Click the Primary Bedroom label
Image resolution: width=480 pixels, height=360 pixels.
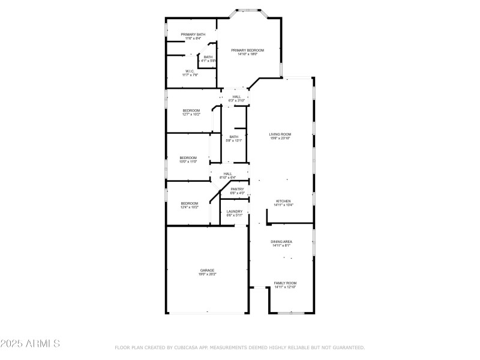tap(248, 50)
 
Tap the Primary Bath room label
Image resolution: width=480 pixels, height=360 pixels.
tap(193, 35)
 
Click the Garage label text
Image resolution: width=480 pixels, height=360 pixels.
tap(207, 270)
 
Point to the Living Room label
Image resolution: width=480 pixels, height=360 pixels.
tap(280, 134)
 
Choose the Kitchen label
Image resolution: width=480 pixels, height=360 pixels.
tap(283, 201)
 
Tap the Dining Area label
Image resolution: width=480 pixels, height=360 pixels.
tap(281, 241)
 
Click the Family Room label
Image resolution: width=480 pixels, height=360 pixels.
tap(285, 283)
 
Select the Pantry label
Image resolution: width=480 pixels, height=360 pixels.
tap(237, 189)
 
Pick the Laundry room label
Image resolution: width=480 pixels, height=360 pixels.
tap(235, 211)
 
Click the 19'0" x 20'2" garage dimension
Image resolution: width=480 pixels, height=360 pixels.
tap(207, 274)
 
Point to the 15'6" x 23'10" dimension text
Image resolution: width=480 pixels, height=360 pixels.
tap(280, 139)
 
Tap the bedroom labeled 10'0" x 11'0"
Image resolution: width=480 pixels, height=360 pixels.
tap(188, 158)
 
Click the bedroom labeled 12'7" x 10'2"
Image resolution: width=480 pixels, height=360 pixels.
tap(191, 110)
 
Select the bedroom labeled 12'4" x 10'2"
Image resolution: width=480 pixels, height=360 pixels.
tap(190, 203)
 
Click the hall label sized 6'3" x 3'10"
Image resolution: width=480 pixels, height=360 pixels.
tap(236, 97)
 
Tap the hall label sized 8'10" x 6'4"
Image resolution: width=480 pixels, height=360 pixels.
tap(228, 174)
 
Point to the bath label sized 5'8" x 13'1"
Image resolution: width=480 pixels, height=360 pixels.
tap(234, 137)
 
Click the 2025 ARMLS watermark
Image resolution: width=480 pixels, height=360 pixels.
tap(30, 344)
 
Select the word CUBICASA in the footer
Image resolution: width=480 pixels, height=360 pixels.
tap(190, 347)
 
